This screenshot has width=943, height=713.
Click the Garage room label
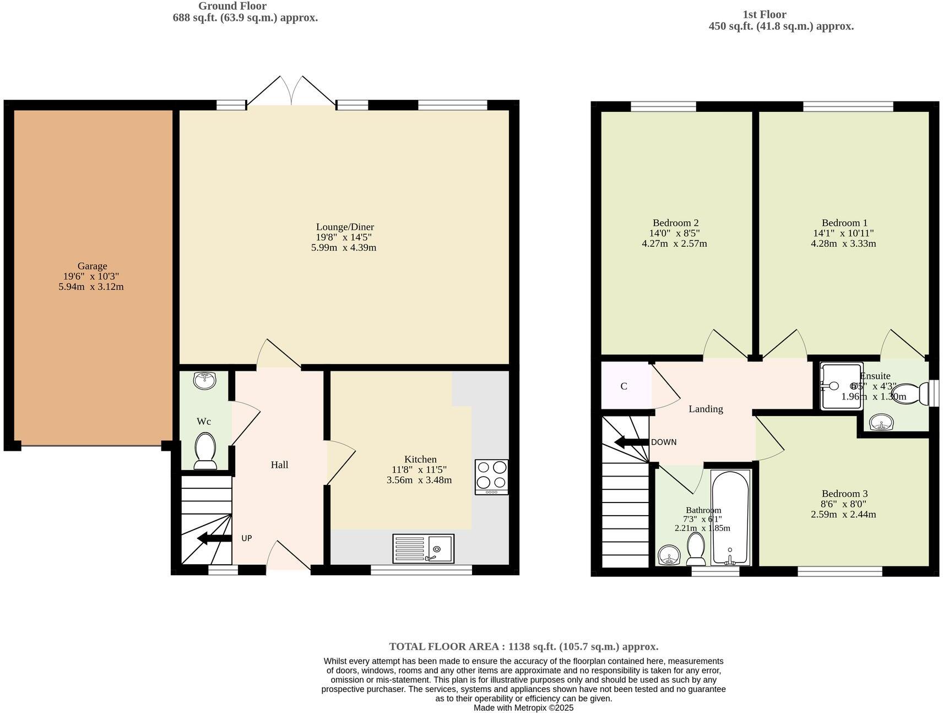click(92, 266)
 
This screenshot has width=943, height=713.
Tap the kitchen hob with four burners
click(491, 477)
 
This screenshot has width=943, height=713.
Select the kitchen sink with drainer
click(423, 548)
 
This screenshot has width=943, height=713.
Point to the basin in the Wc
click(205, 380)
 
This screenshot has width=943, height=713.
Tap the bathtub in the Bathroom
click(730, 517)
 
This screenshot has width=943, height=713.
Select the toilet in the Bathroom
click(696, 549)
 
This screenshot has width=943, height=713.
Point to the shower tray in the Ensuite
click(841, 386)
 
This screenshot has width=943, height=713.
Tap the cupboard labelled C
click(624, 386)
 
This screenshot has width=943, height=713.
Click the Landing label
click(706, 409)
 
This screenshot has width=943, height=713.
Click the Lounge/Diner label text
click(345, 227)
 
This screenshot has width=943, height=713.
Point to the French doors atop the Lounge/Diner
click(291, 91)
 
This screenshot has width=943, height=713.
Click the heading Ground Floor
click(232, 6)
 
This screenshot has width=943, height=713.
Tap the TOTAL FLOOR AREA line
click(523, 646)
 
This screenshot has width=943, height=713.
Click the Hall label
click(279, 465)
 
